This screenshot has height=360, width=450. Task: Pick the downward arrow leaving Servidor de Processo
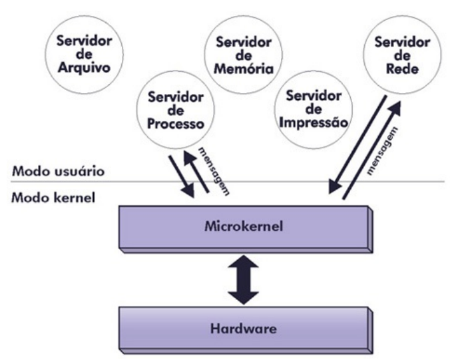(x=181, y=174)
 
